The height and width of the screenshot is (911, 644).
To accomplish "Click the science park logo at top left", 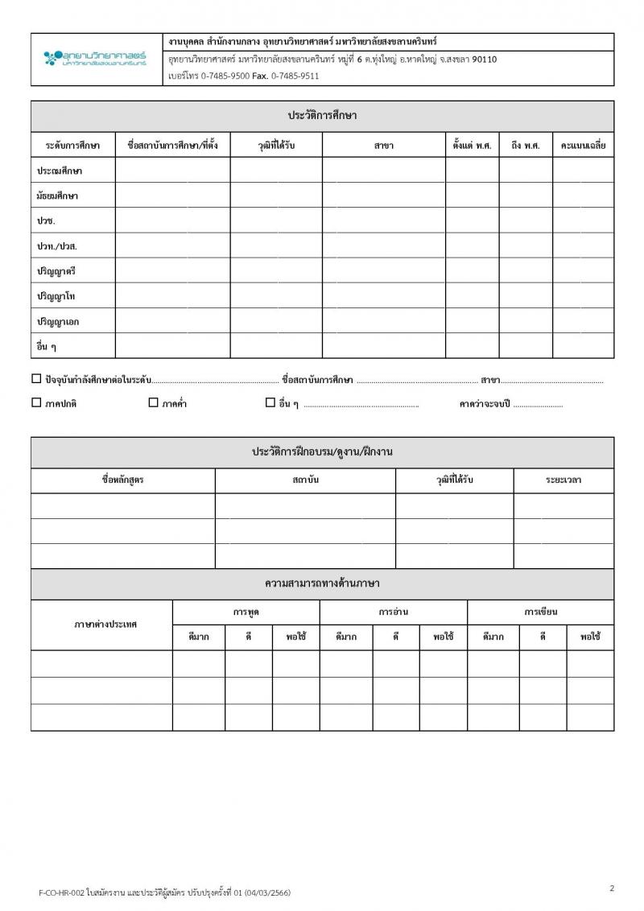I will [x=95, y=58].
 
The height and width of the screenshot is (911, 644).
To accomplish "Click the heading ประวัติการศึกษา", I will [x=322, y=115].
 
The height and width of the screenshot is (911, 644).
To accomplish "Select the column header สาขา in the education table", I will [x=384, y=146].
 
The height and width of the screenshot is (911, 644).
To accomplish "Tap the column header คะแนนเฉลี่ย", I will [x=583, y=146].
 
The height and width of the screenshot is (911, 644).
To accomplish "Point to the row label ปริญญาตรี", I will [x=57, y=271].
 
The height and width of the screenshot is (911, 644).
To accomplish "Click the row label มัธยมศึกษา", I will [x=58, y=196].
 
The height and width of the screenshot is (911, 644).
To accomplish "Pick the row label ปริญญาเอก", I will [x=58, y=321].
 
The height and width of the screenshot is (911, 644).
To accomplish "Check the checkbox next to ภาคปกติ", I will [x=36, y=403].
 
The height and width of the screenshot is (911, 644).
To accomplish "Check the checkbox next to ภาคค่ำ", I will [x=153, y=403].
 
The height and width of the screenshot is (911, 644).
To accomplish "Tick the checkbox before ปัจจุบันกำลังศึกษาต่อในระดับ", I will [x=36, y=378].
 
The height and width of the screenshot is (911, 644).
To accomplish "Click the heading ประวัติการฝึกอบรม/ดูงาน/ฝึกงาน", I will [x=322, y=451].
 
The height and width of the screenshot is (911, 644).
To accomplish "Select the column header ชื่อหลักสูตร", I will [x=122, y=480].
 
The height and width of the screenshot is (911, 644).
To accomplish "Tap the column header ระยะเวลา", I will [x=563, y=480].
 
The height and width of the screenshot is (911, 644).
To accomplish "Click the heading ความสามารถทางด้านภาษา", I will [x=322, y=583].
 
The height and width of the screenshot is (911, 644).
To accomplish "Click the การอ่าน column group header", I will [x=394, y=612].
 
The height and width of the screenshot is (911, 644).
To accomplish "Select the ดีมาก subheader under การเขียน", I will [x=493, y=637].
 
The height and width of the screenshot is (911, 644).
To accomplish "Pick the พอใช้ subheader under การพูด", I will [x=296, y=637].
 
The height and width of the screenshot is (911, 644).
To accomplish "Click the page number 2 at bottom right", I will [x=612, y=888].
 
